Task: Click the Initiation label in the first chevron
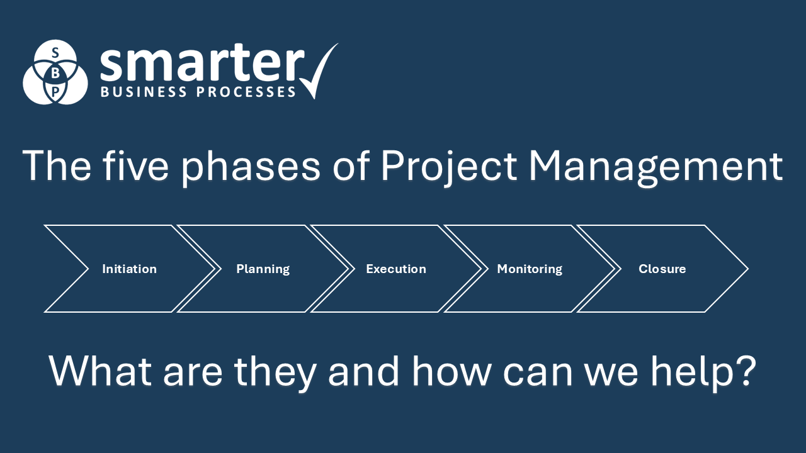click(x=129, y=269)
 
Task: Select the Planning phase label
click(x=263, y=269)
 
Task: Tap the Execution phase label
click(x=396, y=269)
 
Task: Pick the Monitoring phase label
click(x=530, y=269)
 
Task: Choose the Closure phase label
click(x=662, y=269)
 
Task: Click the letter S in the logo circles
click(x=55, y=52)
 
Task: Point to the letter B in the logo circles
click(x=55, y=73)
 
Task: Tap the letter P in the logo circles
click(x=55, y=92)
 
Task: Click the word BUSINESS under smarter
click(x=143, y=92)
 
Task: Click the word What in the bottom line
click(x=101, y=371)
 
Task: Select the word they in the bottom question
click(x=275, y=371)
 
